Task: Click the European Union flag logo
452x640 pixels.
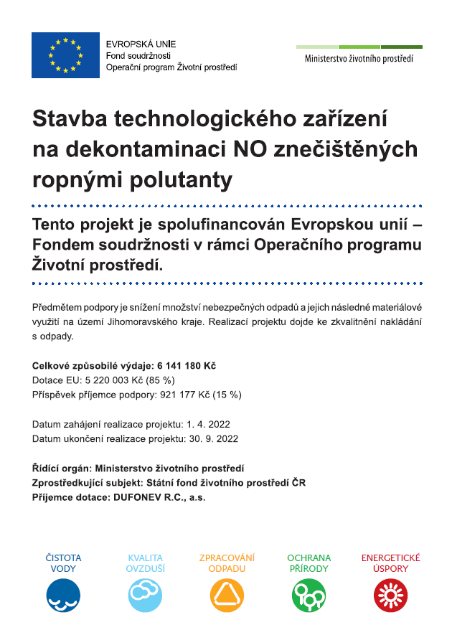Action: tap(65, 55)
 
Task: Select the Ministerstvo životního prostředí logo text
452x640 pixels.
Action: tap(359, 59)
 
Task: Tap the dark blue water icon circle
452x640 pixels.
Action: tap(63, 595)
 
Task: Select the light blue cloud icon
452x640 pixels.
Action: tap(146, 595)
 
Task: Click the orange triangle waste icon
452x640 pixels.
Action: tap(227, 595)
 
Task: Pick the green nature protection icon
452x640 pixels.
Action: tap(309, 595)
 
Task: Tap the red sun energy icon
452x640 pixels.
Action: tap(391, 595)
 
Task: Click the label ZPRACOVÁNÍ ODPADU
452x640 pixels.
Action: tap(227, 563)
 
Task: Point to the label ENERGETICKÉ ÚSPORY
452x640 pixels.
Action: tap(391, 563)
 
